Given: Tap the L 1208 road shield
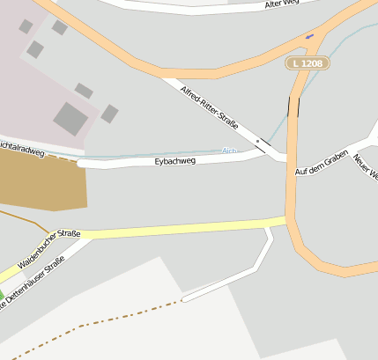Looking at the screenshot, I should click(308, 63).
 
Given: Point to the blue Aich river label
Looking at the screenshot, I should click(229, 151).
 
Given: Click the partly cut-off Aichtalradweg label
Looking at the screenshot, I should click(22, 151).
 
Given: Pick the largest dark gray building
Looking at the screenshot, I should click(70, 117).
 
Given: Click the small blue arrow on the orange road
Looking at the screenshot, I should click(310, 37).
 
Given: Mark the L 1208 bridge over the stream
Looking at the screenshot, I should click(293, 107).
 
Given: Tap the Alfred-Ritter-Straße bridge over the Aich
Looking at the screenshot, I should click(261, 143).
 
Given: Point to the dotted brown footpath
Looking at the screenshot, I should click(97, 321).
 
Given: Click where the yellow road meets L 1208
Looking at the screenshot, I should click(288, 220).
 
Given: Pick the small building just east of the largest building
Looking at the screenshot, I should click(109, 114).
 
